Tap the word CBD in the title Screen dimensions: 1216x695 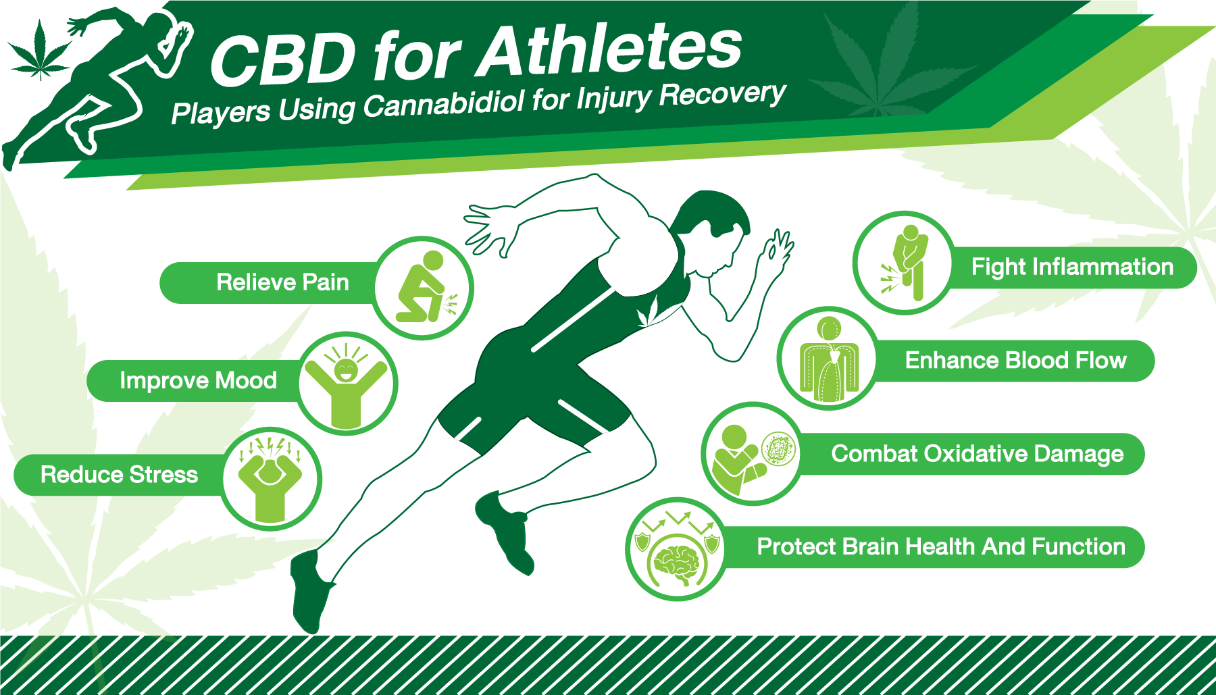coord(282,59)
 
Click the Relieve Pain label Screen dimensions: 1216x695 coord(282,282)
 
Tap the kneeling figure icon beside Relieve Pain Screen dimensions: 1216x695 coord(424,288)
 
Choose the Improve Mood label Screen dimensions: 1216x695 coord(198,381)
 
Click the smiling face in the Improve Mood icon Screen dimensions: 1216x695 coord(346,369)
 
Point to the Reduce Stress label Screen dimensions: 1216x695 coord(119,475)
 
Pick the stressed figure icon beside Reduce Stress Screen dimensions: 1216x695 coord(270,480)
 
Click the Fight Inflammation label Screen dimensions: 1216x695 coord(1072,267)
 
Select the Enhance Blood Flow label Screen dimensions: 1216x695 coord(1015,361)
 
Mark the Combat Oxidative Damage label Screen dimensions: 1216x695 coord(978,454)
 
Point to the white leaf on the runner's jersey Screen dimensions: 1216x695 coord(650,311)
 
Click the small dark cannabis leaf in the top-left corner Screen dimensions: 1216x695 coord(40,51)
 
